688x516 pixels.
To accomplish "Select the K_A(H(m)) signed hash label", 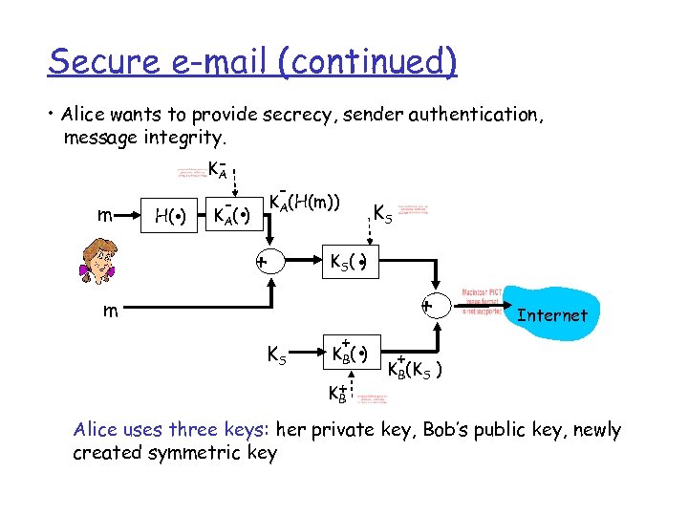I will pos(304,203).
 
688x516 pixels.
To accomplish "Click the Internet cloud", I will pos(551,314).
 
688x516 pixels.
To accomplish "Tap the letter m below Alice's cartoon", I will pos(113,311).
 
